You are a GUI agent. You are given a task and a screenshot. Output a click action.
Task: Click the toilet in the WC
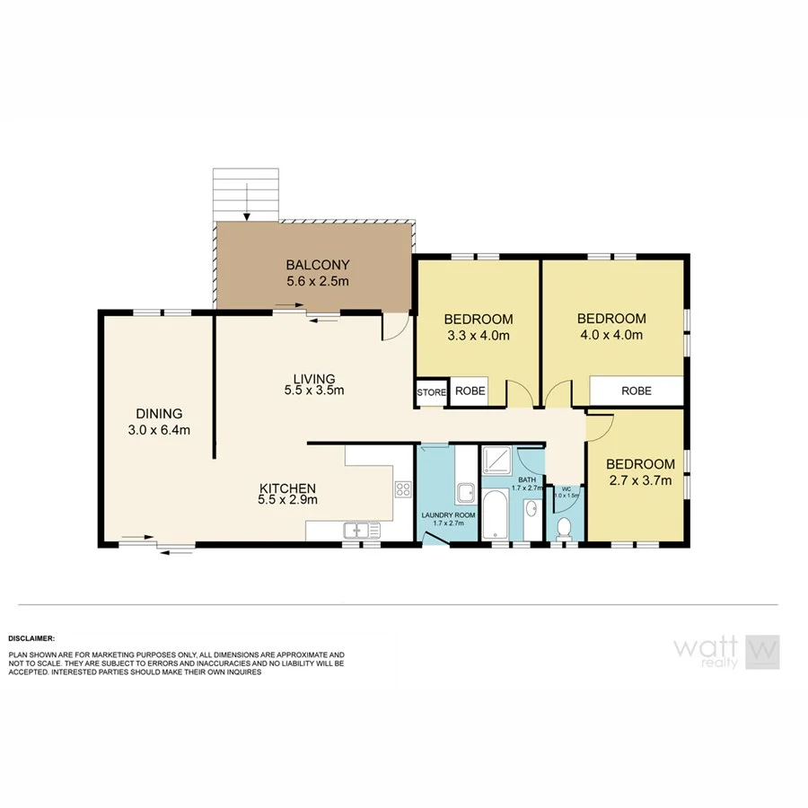[565, 528]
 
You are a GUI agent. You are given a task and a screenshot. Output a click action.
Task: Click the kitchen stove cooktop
[403, 490]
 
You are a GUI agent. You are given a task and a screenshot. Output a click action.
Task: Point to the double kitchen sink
[356, 530]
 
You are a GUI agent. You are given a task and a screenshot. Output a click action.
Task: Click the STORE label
[431, 392]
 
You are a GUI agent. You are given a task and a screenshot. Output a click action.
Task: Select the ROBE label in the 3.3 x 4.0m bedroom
[470, 391]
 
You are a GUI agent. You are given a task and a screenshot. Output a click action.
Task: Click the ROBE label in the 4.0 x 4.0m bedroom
[636, 391]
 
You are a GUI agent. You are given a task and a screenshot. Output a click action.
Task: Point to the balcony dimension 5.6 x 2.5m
[317, 282]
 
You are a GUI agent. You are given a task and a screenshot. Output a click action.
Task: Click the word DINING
[159, 414]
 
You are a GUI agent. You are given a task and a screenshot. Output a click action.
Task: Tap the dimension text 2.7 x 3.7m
[640, 480]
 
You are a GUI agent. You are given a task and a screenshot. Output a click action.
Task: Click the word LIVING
[313, 378]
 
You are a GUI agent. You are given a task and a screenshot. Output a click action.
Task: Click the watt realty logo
[726, 652]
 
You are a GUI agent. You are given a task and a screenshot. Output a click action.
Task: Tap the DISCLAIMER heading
[32, 637]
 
